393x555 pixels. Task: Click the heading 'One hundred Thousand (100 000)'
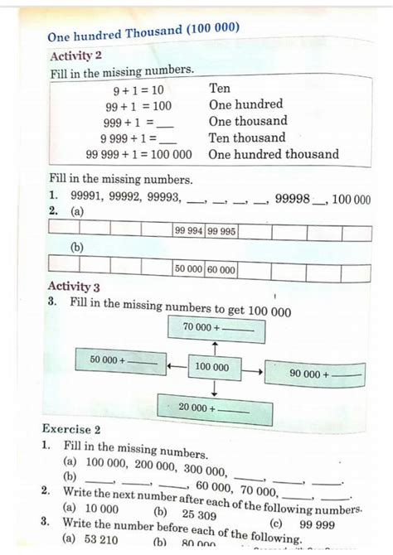coord(143,33)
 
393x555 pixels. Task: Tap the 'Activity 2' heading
coord(75,55)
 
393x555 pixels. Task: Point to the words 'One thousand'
coord(248,121)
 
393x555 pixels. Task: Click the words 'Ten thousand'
coord(247,138)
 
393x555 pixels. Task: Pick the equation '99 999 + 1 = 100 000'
coord(138,154)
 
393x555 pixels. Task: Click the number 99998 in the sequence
coord(292,199)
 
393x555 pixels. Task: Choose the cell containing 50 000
coord(188,269)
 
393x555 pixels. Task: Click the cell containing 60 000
coord(221,269)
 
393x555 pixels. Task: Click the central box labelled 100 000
coord(212,366)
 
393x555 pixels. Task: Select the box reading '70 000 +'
coord(215,327)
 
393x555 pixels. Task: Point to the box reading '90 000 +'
coord(314,374)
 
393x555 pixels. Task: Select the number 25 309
coord(198,514)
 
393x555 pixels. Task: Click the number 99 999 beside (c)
coord(317,524)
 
